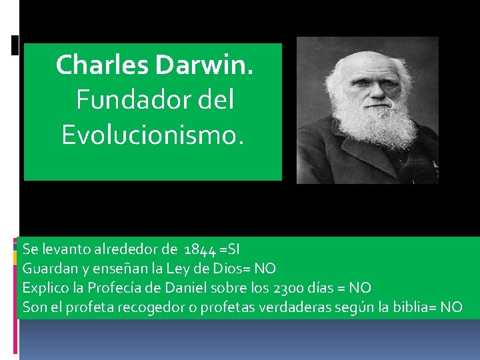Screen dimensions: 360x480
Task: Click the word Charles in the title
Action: click(103, 65)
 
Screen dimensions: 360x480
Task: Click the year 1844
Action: click(199, 250)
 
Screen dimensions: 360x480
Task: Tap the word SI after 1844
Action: click(233, 250)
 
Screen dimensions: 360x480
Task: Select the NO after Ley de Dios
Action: click(265, 269)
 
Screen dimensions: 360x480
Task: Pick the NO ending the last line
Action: click(451, 307)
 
